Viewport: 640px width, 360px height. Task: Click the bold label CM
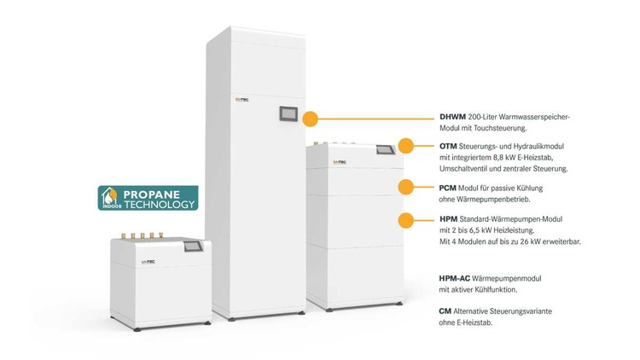pyautogui.click(x=445, y=311)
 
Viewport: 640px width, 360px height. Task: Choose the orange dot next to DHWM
pyautogui.click(x=311, y=119)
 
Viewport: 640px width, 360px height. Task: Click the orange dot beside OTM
pyautogui.click(x=406, y=147)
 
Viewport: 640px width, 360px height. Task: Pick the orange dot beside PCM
pyautogui.click(x=406, y=188)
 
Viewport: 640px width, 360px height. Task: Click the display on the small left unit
pyautogui.click(x=194, y=247)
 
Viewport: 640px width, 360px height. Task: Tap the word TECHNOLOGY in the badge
pyautogui.click(x=160, y=205)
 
